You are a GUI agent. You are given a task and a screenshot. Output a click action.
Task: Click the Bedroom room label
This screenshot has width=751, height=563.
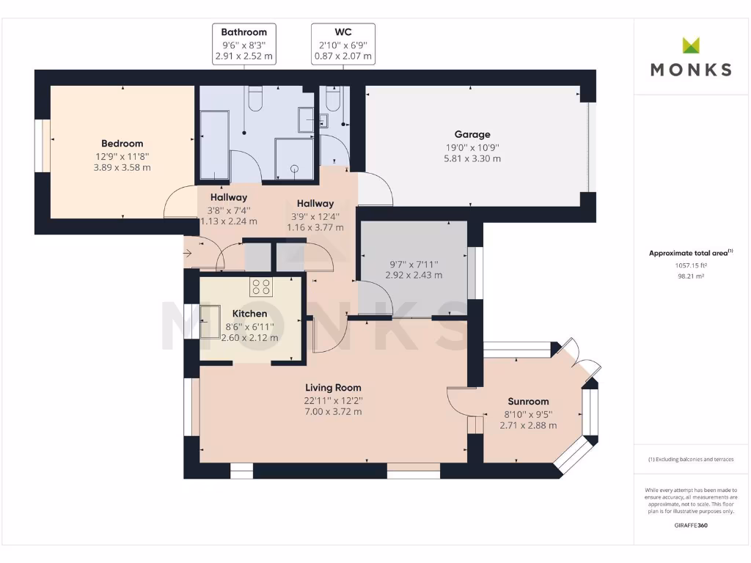[122, 144]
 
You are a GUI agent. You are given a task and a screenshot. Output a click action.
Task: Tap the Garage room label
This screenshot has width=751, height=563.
[472, 135]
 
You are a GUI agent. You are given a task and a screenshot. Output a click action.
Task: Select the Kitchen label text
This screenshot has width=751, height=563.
[249, 314]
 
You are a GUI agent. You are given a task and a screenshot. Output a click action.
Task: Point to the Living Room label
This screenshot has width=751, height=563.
[334, 388]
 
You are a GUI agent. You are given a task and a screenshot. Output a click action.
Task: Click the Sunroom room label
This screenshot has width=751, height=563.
[528, 402]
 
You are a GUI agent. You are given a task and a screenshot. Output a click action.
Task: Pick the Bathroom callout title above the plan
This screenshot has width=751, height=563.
[243, 32]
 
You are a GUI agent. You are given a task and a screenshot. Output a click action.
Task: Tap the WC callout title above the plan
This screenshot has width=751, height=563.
[343, 32]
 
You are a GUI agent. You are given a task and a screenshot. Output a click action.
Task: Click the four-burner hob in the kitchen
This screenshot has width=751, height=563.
[261, 287]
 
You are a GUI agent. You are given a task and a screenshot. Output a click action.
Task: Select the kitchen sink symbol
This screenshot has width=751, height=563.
[210, 322]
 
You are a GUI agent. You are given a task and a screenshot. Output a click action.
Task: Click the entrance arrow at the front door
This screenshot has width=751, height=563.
[188, 253]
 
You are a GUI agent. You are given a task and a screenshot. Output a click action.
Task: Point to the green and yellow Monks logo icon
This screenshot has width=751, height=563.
[691, 45]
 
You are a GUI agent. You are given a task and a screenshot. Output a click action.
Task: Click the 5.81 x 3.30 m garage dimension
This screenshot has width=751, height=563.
[472, 159]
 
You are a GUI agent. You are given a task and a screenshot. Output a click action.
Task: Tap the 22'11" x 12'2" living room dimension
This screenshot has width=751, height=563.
[334, 401]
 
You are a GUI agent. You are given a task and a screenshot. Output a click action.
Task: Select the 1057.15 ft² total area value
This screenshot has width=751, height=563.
[691, 265]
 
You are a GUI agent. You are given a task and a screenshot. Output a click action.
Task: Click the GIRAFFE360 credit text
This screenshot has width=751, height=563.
[691, 525]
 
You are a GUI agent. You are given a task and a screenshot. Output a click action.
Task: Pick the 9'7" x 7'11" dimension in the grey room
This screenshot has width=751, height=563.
[414, 264]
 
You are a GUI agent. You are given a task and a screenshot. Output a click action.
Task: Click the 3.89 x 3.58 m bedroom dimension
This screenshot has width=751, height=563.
[122, 168]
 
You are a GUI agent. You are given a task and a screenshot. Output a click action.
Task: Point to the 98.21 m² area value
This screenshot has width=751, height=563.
[691, 276]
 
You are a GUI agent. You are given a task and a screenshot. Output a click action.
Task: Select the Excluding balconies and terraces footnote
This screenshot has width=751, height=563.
[691, 460]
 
